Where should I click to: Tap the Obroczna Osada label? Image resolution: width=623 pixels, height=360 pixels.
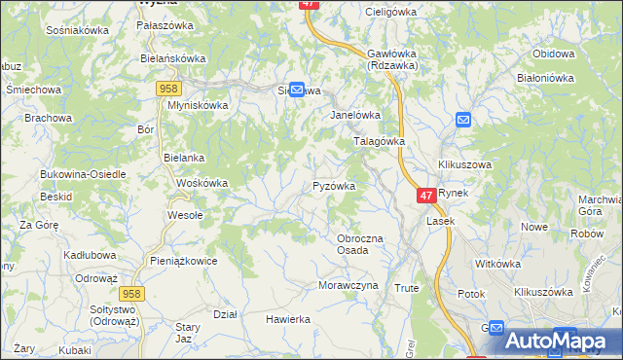(x=360, y=244)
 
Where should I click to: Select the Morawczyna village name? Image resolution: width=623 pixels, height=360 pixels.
(x=348, y=285)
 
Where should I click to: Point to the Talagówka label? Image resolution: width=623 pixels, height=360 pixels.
(x=378, y=141)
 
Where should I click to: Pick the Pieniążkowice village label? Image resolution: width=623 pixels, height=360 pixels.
(x=183, y=261)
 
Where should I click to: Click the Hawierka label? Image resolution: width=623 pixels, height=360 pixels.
(x=288, y=318)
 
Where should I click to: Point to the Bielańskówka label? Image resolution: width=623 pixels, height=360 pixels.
(x=173, y=58)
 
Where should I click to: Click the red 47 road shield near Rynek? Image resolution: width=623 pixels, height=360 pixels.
(x=425, y=196)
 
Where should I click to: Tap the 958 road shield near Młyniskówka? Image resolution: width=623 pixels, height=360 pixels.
(x=165, y=89)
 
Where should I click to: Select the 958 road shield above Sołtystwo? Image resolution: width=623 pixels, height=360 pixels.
(x=132, y=293)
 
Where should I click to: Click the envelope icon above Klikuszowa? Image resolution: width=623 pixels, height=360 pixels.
(x=464, y=121)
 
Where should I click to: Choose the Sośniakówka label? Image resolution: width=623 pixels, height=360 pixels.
(x=77, y=30)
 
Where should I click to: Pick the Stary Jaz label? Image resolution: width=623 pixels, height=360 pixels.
(x=186, y=332)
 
